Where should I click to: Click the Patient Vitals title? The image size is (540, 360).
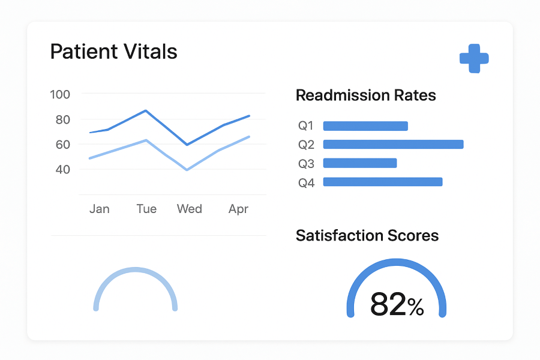pyautogui.click(x=113, y=52)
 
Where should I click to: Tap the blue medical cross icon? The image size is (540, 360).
pyautogui.click(x=474, y=59)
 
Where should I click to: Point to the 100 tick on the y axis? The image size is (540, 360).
pyautogui.click(x=60, y=94)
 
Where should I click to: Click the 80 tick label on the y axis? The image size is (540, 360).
pyautogui.click(x=63, y=119)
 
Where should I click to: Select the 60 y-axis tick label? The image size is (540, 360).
pyautogui.click(x=63, y=145)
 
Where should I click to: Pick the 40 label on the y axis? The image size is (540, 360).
pyautogui.click(x=63, y=169)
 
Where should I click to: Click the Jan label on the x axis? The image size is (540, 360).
pyautogui.click(x=100, y=209)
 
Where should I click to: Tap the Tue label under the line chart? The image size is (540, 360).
pyautogui.click(x=146, y=209)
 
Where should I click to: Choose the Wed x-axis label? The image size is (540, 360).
pyautogui.click(x=190, y=209)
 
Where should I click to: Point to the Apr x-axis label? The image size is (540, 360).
pyautogui.click(x=238, y=209)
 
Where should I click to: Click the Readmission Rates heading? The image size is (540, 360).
pyautogui.click(x=366, y=95)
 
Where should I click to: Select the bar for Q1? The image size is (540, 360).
pyautogui.click(x=365, y=126)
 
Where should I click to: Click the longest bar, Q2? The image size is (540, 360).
pyautogui.click(x=393, y=145)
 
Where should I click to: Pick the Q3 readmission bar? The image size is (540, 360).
pyautogui.click(x=360, y=163)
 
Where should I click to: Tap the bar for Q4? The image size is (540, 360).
pyautogui.click(x=383, y=182)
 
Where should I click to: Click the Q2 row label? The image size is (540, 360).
pyautogui.click(x=307, y=145)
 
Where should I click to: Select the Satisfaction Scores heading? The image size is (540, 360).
pyautogui.click(x=367, y=236)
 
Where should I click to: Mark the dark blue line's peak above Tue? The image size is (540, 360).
pyautogui.click(x=145, y=110)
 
